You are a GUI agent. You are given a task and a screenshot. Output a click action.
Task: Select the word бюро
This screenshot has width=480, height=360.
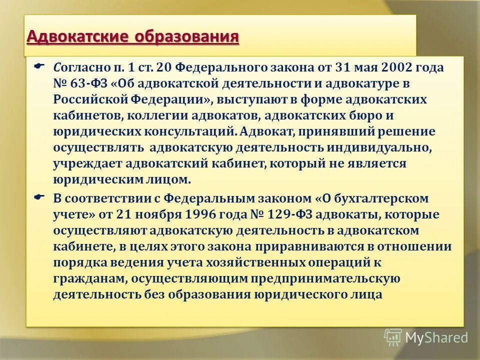coord(382,115)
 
